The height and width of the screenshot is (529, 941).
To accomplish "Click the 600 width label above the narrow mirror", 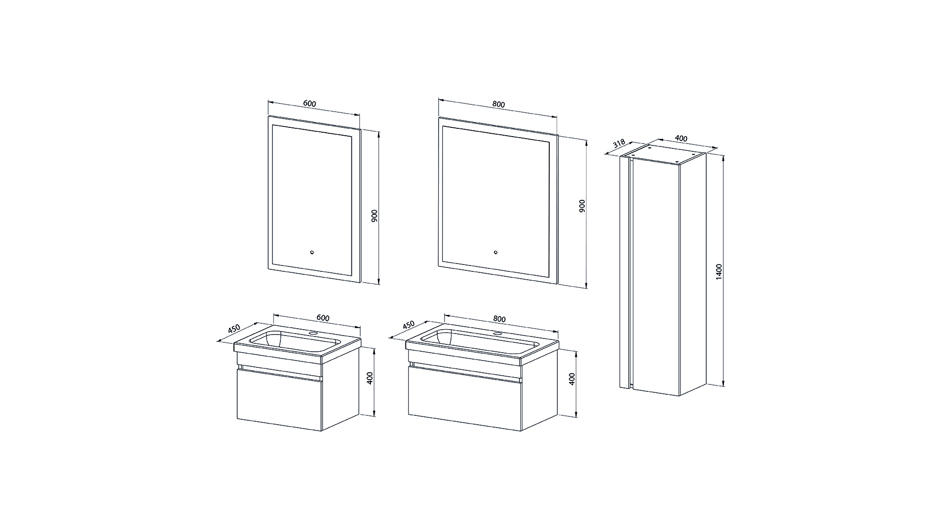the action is click(x=310, y=104).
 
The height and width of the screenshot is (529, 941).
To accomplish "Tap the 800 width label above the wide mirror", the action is click(x=498, y=104).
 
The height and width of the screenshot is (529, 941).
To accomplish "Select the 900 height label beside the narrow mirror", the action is click(x=374, y=216).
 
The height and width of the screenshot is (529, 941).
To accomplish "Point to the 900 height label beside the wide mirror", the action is click(x=582, y=206).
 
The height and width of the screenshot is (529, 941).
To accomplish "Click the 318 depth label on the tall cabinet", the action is click(x=619, y=144).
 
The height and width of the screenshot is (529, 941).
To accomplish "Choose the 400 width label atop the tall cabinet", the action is click(x=681, y=139).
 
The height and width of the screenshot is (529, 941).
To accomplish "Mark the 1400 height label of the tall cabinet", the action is click(x=719, y=272).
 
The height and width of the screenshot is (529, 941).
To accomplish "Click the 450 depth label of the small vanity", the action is click(x=234, y=329).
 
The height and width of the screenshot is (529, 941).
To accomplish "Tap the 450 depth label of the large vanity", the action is click(x=408, y=325).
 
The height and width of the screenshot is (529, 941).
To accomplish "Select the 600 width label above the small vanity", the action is click(x=323, y=318).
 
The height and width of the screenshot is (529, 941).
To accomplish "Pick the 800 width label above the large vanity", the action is click(x=499, y=319).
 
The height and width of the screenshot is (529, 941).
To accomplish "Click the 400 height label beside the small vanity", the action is click(x=371, y=378).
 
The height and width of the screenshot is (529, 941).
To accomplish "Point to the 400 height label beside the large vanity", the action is click(x=571, y=379).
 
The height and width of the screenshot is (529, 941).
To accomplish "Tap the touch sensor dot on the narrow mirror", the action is click(x=312, y=253).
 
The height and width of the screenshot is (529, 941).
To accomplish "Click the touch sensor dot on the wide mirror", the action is click(x=496, y=253).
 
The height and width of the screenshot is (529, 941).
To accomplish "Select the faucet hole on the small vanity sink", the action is click(x=313, y=334).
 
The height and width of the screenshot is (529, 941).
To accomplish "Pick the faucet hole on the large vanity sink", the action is click(x=498, y=334).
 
